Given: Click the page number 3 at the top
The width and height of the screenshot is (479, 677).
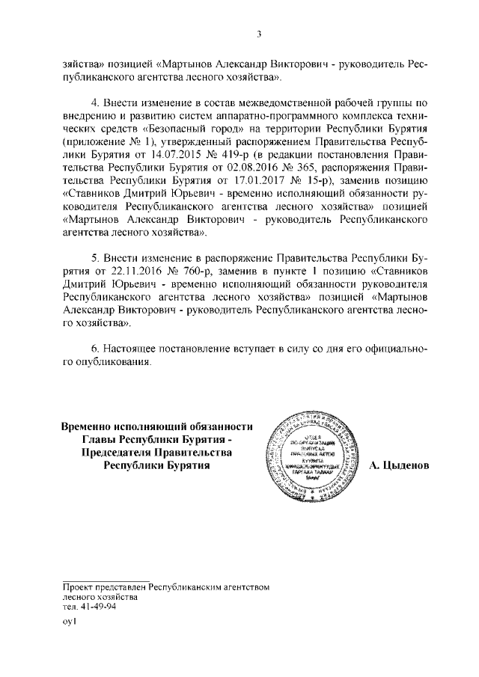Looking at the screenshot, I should [257, 33].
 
